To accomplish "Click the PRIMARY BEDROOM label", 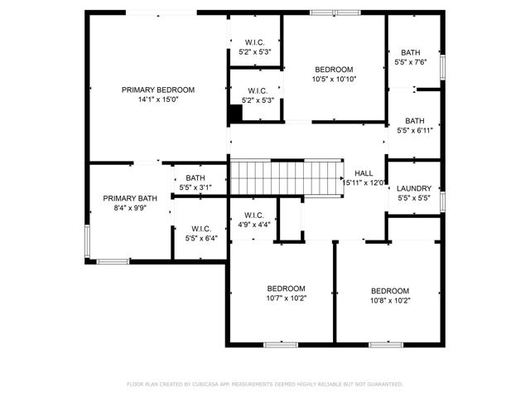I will (x=158, y=90).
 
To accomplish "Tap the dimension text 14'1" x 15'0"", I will (x=158, y=99).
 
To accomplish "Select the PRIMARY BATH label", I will (x=130, y=198).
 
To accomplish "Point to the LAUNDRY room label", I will (x=414, y=188).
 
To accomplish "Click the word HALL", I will (x=364, y=172).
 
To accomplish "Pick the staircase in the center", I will (x=286, y=177).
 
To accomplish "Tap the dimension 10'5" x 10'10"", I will (x=334, y=80).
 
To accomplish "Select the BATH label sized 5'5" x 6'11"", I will (x=414, y=120).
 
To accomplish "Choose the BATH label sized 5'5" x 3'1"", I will (x=195, y=178).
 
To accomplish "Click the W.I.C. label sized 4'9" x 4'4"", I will (x=253, y=215).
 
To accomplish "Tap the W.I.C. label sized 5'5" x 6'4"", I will (x=201, y=229).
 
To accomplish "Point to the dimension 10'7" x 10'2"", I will (x=287, y=298).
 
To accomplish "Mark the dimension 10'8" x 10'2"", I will (x=390, y=300).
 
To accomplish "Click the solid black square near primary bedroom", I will (x=235, y=115).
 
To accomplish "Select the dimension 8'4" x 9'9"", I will (x=130, y=208).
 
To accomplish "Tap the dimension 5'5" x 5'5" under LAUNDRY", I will (x=414, y=198).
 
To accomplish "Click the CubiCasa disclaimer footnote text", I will (x=264, y=384).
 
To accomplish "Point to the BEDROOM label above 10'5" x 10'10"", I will (x=334, y=70).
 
